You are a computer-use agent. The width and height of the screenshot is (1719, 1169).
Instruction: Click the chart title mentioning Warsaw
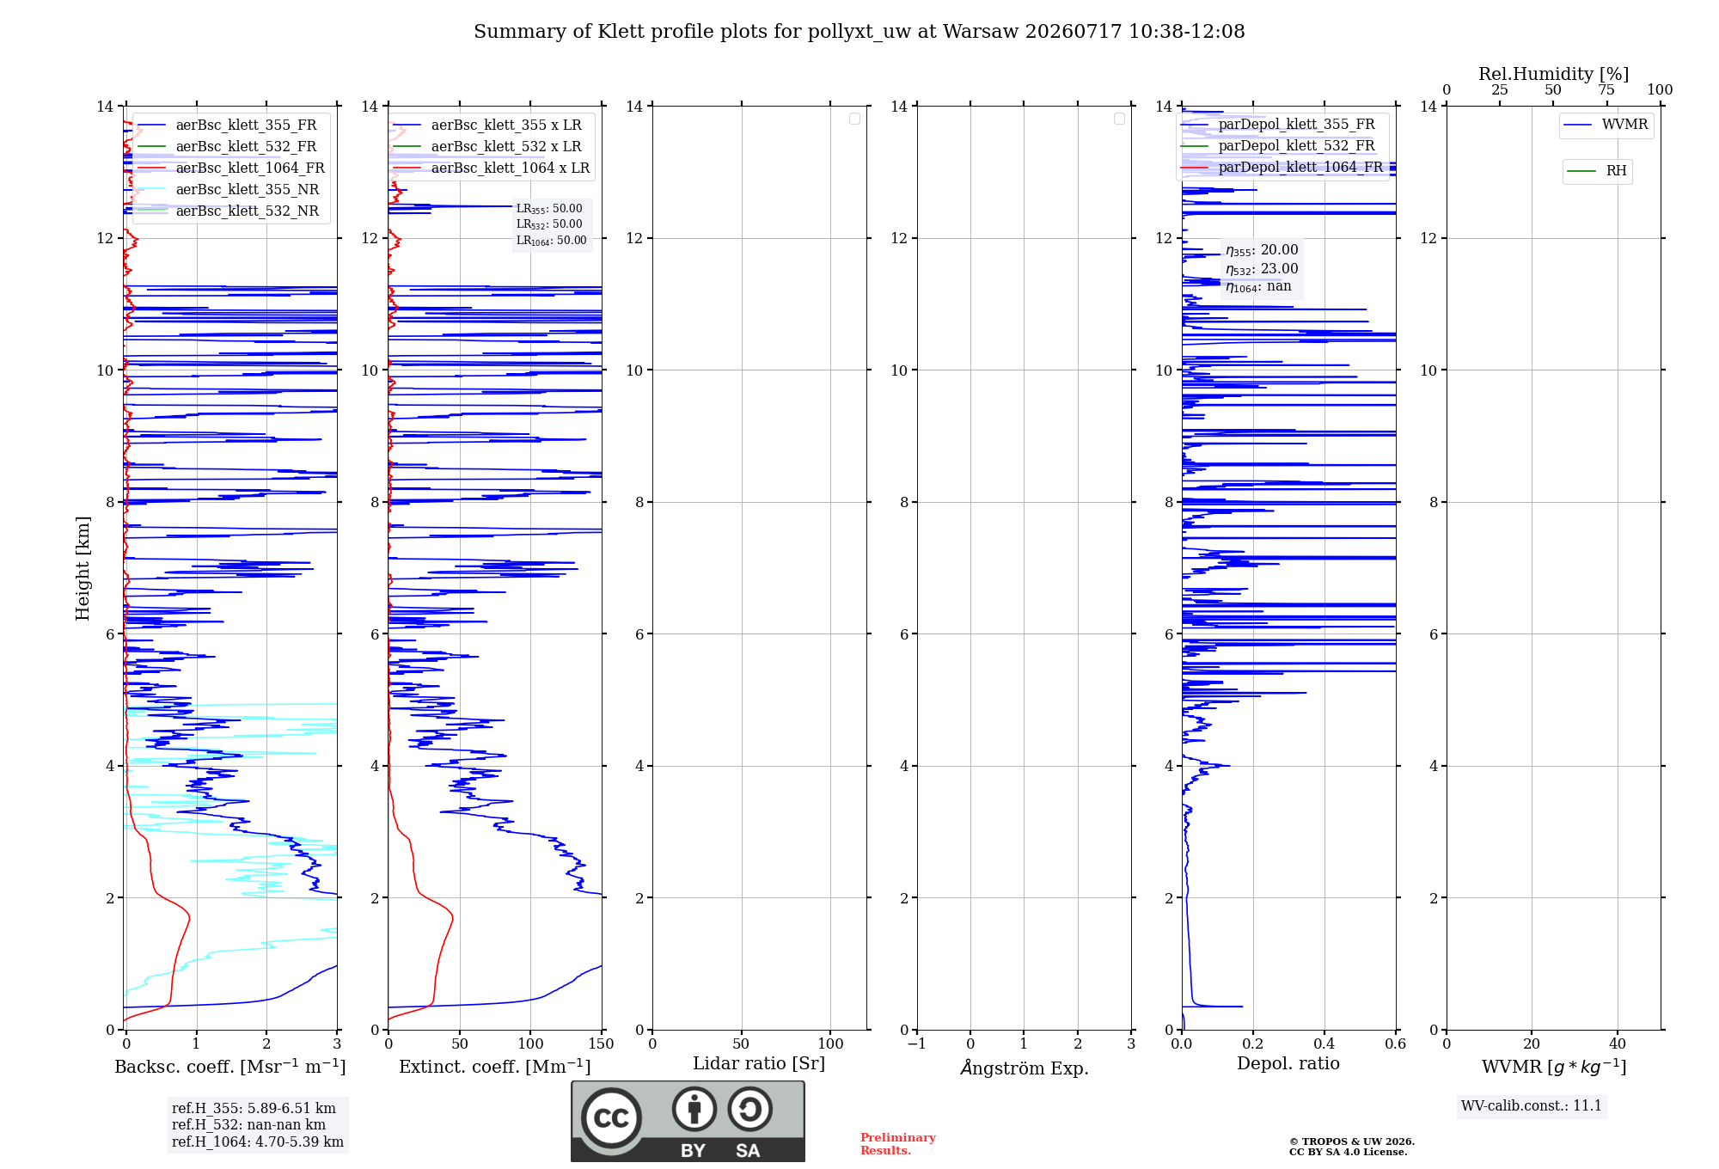859,32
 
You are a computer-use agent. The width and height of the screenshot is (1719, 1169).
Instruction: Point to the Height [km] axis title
83,568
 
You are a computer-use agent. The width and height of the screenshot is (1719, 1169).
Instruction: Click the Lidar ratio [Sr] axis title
759,1064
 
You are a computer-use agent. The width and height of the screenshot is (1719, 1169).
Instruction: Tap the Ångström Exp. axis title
1025,1068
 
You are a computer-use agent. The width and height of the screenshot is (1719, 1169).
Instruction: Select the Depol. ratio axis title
1288,1063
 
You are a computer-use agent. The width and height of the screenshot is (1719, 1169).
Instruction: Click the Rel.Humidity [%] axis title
1553,74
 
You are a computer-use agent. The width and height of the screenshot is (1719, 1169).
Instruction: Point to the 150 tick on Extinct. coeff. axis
602,1044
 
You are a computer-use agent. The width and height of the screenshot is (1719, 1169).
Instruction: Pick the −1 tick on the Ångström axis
917,1044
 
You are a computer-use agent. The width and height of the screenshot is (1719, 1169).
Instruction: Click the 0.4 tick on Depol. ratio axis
1324,1044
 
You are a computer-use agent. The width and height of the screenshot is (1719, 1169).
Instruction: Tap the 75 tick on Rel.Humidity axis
1606,90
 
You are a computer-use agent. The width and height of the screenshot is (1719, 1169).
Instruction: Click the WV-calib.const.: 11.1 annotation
1532,1105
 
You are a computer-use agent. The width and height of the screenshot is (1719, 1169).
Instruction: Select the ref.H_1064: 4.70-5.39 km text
258,1141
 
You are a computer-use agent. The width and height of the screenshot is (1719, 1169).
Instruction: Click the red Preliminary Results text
898,1144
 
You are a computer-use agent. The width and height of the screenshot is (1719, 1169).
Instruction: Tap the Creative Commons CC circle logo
611,1117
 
